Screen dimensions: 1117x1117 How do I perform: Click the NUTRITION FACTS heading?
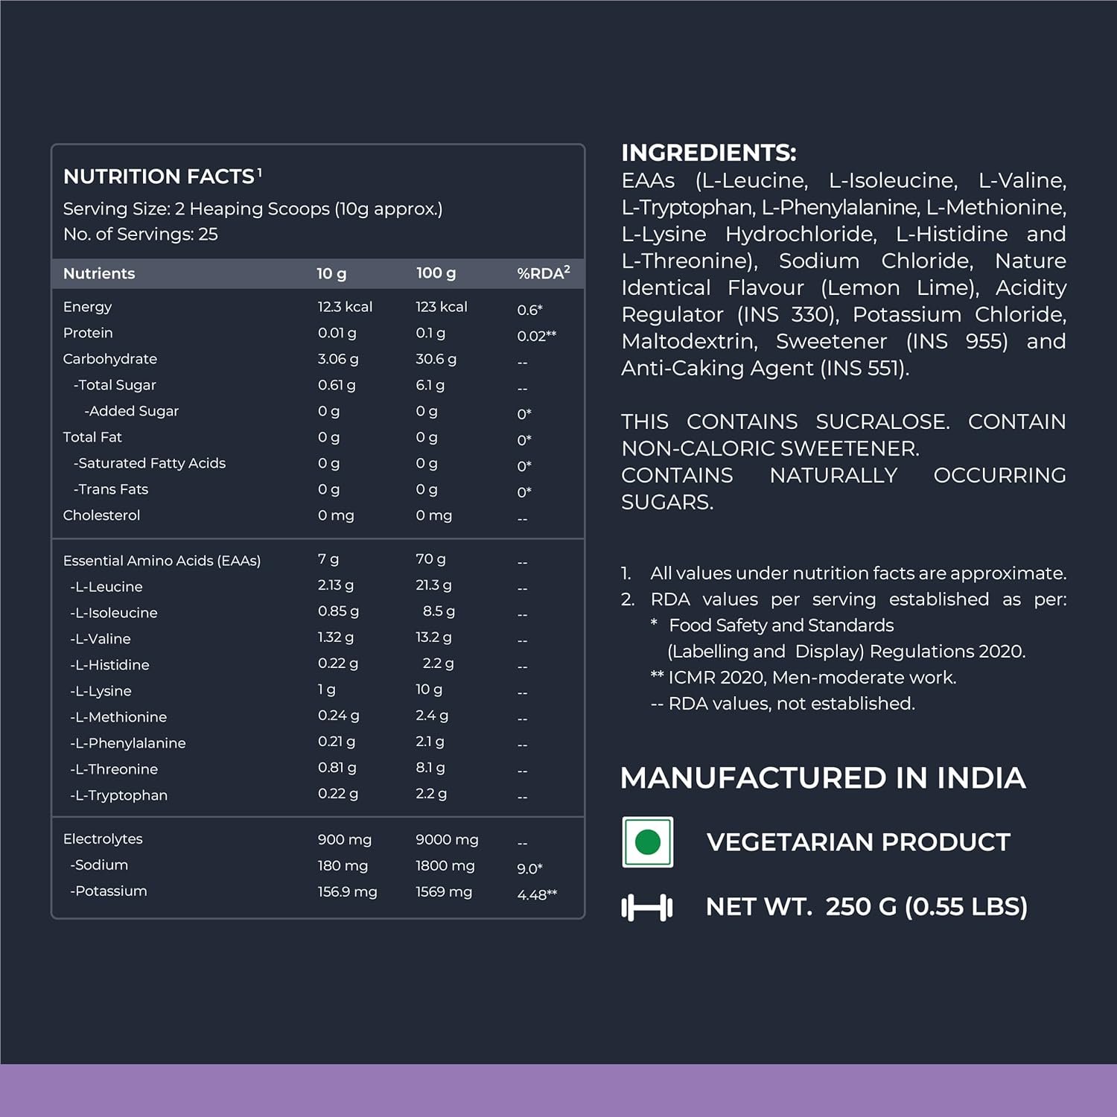click(159, 176)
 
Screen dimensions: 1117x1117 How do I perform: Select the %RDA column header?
click(543, 273)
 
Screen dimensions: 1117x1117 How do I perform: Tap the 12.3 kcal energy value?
click(345, 307)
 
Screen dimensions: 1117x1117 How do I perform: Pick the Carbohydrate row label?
click(109, 359)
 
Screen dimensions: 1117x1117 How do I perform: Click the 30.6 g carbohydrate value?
click(436, 359)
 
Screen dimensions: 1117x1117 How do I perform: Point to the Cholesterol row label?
click(101, 515)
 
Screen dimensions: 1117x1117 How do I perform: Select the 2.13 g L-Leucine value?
click(335, 585)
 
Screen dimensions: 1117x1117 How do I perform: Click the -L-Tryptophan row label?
click(118, 795)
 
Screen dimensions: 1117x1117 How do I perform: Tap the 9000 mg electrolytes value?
click(447, 839)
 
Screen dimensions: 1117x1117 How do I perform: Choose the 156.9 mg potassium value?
click(347, 891)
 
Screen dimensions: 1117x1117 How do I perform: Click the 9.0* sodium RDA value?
click(529, 868)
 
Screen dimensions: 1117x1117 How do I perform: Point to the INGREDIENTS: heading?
click(708, 153)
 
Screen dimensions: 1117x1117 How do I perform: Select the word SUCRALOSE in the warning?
click(882, 421)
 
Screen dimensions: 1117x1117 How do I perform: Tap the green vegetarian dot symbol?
click(648, 842)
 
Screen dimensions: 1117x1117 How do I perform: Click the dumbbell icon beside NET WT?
click(647, 907)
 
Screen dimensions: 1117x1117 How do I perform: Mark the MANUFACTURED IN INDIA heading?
click(823, 778)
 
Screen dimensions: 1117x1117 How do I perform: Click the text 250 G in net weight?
click(861, 906)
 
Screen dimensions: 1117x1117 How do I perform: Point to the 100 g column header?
click(436, 273)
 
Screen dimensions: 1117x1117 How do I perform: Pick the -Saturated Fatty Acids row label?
click(149, 463)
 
